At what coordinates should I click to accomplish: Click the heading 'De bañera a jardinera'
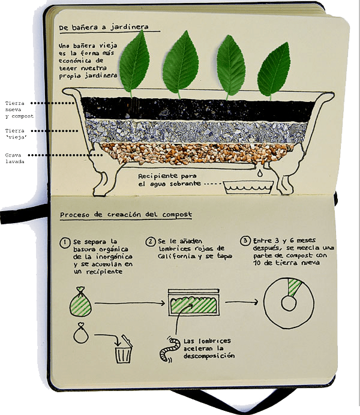click(103, 27)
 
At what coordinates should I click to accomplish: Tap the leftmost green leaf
click(134, 63)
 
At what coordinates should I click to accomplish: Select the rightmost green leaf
click(274, 70)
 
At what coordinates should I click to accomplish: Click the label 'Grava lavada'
click(14, 158)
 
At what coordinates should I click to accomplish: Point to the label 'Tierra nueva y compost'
click(19, 110)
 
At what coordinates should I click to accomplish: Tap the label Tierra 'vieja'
click(16, 134)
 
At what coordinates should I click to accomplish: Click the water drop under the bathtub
click(260, 173)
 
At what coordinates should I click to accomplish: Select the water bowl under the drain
click(248, 187)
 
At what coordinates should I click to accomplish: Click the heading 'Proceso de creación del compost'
click(126, 215)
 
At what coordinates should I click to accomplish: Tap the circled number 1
click(65, 243)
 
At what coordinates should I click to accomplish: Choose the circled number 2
click(151, 242)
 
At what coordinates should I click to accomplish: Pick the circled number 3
click(245, 240)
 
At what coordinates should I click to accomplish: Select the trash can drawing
click(124, 349)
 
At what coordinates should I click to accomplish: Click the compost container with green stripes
click(194, 302)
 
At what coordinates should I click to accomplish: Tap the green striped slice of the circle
click(293, 287)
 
